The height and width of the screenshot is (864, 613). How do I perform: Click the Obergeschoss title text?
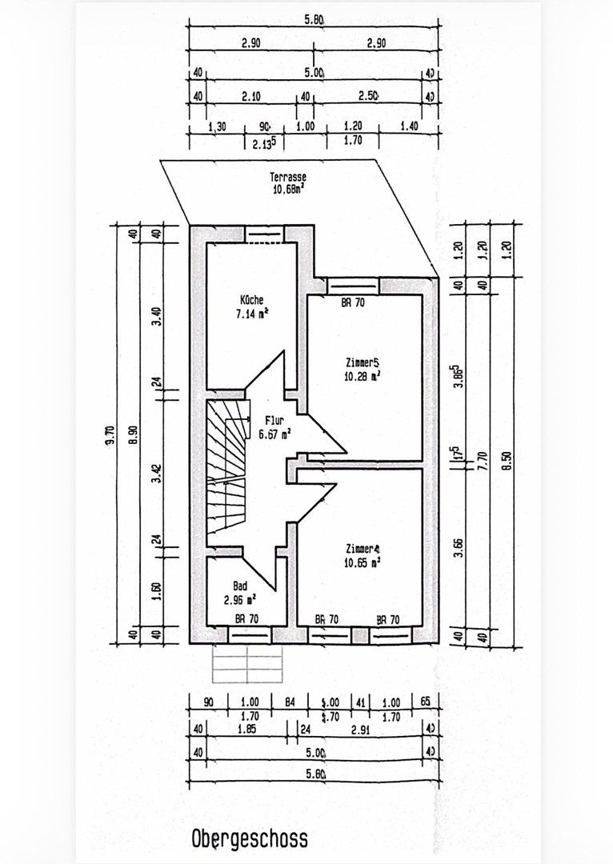[x=249, y=839]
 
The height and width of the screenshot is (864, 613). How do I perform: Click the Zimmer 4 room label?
[x=363, y=548]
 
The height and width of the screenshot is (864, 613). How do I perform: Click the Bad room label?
[x=240, y=586]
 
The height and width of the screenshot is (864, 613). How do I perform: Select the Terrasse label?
[x=288, y=178]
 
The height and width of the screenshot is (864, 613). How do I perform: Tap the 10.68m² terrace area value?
[x=288, y=190]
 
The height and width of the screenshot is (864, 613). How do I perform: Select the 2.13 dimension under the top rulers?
[x=265, y=144]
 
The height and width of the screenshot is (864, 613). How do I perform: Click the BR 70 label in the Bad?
[x=245, y=619]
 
